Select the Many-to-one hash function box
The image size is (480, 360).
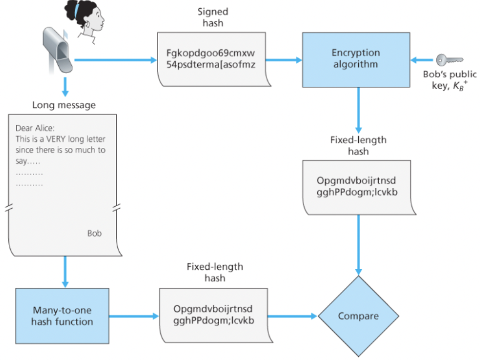tap(62, 316)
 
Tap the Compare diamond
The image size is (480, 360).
tap(358, 316)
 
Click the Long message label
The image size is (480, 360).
tap(64, 105)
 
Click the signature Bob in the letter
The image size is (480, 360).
tap(95, 233)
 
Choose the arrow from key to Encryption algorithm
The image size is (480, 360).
tap(422, 60)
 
